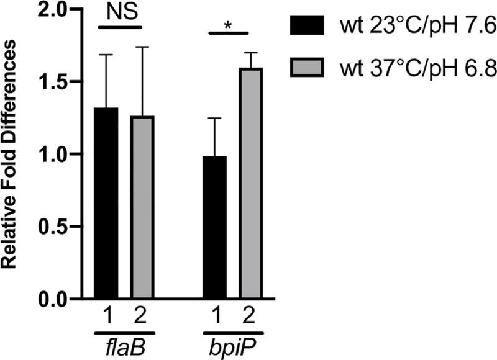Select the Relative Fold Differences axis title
coord(14,155)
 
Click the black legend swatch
coord(308,27)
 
